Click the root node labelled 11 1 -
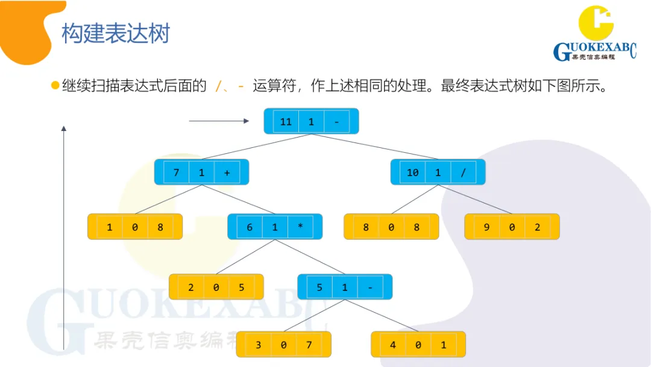[x=311, y=121]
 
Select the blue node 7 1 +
[x=201, y=172]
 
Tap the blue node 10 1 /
[x=438, y=172]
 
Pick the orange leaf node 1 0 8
[x=134, y=227]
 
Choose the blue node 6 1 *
[x=275, y=227]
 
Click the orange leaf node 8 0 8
[x=391, y=227]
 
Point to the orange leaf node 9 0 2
[x=512, y=227]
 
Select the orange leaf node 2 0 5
[x=216, y=287]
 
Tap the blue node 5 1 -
[x=345, y=287]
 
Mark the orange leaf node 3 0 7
[x=283, y=345]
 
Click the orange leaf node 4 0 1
[x=418, y=345]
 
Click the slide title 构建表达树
[x=115, y=34]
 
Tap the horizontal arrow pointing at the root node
[x=219, y=121]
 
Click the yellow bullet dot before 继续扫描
[x=55, y=86]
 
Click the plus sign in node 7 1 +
[x=227, y=173]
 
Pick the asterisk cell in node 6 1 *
[x=300, y=228]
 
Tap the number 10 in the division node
[x=412, y=173]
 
